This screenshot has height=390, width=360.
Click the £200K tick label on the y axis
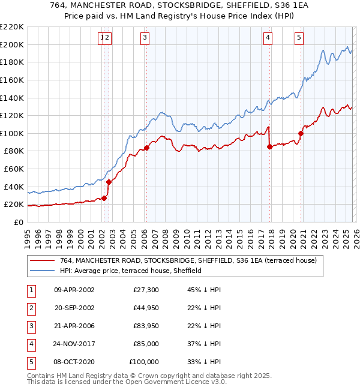pyautogui.click(x=12, y=44)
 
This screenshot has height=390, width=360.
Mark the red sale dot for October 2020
pyautogui.click(x=301, y=134)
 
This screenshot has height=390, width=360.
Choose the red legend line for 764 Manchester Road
pyautogui.click(x=43, y=260)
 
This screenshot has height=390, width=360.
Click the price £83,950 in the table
pyautogui.click(x=145, y=326)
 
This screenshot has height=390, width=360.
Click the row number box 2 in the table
pyautogui.click(x=30, y=308)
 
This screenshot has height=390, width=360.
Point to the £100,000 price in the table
pyautogui.click(x=144, y=362)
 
